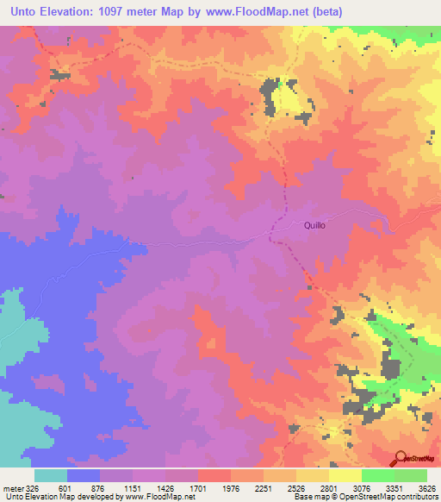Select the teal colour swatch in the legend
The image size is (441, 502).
[51, 474]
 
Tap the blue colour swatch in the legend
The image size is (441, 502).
[84, 474]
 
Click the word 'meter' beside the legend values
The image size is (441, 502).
[11, 487]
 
